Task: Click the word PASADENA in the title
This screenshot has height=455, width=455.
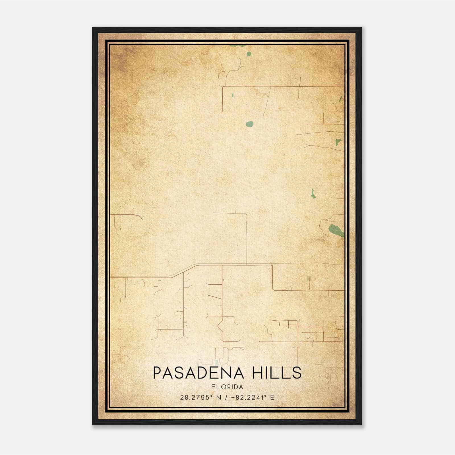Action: [198, 373]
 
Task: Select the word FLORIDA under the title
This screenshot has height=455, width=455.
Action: [227, 387]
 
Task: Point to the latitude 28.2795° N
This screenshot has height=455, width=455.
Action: [200, 398]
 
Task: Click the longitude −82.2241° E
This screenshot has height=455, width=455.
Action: [253, 398]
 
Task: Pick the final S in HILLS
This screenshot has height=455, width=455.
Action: [297, 373]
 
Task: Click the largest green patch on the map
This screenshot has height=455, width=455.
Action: [336, 230]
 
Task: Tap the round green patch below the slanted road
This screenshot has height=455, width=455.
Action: [249, 124]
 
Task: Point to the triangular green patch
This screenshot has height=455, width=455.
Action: [338, 142]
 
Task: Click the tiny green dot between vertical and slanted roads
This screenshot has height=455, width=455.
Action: [232, 95]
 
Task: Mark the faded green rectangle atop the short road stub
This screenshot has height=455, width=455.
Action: [309, 278]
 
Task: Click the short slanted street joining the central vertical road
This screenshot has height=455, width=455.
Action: [215, 297]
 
